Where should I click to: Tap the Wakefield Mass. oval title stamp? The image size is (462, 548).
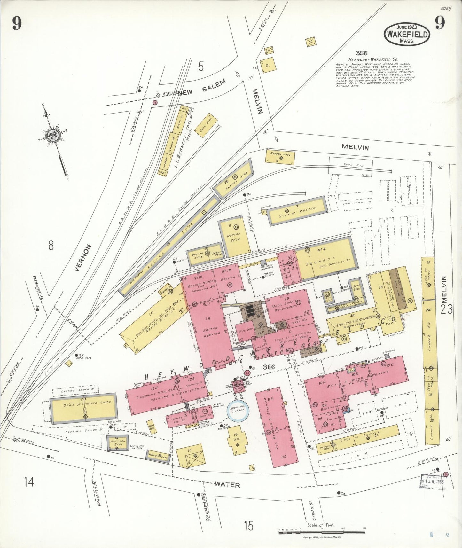pos(407,34)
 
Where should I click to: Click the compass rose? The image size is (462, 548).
pos(52,136)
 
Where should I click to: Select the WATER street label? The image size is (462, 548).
pos(227,485)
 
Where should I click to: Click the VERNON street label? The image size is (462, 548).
pos(82,258)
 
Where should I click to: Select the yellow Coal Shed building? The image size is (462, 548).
pos(206,125)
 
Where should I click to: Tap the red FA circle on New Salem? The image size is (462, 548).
pos(155,103)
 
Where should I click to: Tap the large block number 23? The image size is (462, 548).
pos(446,309)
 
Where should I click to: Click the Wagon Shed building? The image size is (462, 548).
pos(157,455)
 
